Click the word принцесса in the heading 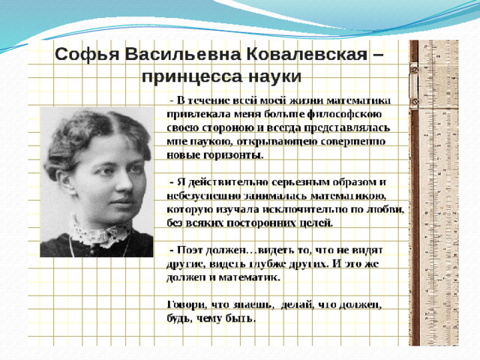192,76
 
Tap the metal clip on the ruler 414,85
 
